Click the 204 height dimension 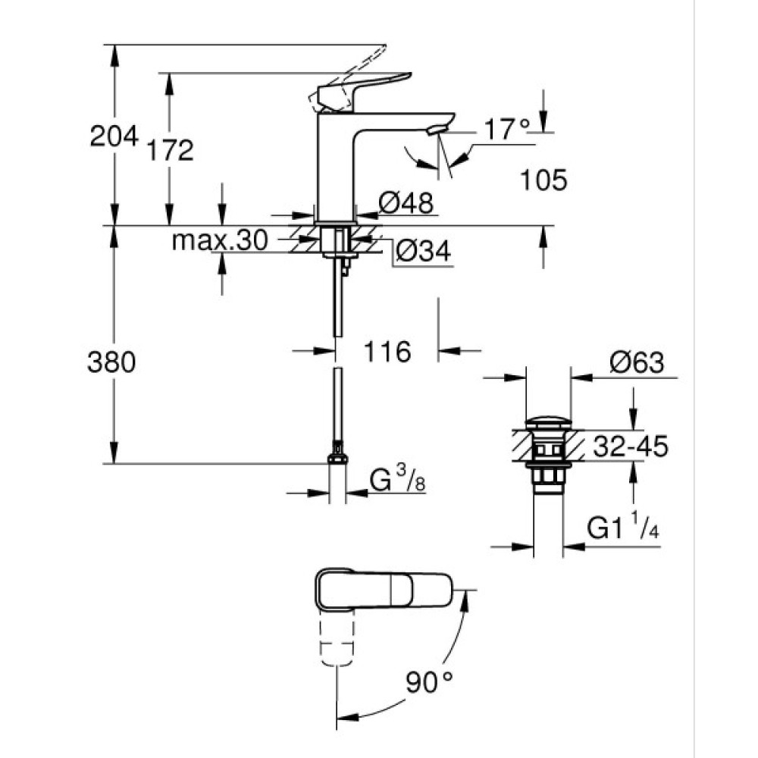pyautogui.click(x=114, y=136)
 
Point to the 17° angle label pyautogui.click(x=506, y=130)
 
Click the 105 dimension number pyautogui.click(x=543, y=180)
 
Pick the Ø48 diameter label pyautogui.click(x=406, y=202)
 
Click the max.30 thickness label pyautogui.click(x=220, y=241)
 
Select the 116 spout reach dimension pyautogui.click(x=387, y=352)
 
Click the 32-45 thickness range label pyautogui.click(x=630, y=446)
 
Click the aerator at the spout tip pyautogui.click(x=436, y=130)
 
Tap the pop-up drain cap pyautogui.click(x=547, y=421)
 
